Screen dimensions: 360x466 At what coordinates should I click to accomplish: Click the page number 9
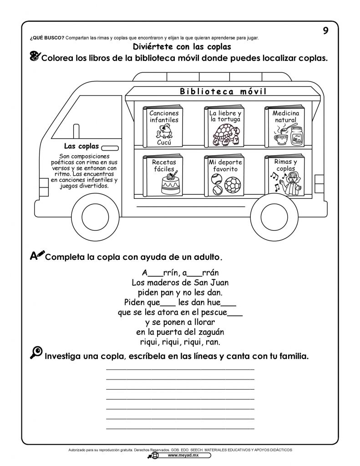325,30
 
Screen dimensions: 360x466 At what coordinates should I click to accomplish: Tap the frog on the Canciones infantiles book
164,132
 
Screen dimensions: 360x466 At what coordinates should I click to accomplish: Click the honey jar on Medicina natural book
297,136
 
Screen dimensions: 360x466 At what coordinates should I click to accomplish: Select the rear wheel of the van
274,216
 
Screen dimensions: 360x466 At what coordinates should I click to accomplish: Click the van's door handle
110,148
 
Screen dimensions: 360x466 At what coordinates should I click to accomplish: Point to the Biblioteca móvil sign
223,91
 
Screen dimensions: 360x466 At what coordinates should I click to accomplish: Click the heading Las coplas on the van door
81,146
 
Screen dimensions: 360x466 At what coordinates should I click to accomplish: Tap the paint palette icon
35,56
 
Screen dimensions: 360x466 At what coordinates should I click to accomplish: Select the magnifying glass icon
36,353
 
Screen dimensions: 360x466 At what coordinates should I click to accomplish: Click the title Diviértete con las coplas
182,47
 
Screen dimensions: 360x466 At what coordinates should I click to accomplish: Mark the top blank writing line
180,370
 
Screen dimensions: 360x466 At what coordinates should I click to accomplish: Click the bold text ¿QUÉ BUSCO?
47,38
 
